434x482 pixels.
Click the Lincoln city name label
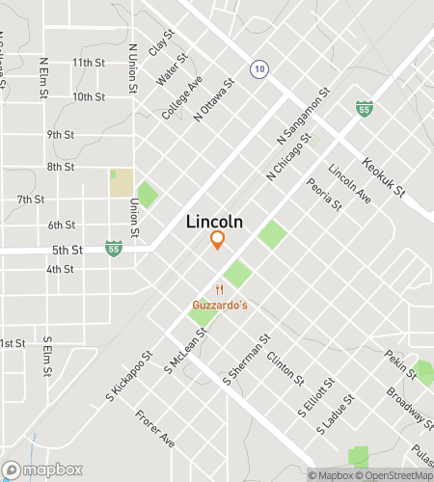pos(214,222)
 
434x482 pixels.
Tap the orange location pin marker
pos(218,240)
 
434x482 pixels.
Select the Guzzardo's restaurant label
pos(219,305)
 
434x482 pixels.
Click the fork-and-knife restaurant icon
pos(220,289)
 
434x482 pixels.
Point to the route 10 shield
pos(258,68)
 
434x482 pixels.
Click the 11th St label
pos(88,63)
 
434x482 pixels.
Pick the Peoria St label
pos(323,194)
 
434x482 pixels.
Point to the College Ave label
pos(182,97)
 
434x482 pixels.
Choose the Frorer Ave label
pos(154,427)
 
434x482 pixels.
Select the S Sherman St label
pos(244,361)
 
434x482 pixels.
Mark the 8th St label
pos(60,167)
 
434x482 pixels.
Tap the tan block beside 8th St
pos(122,182)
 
